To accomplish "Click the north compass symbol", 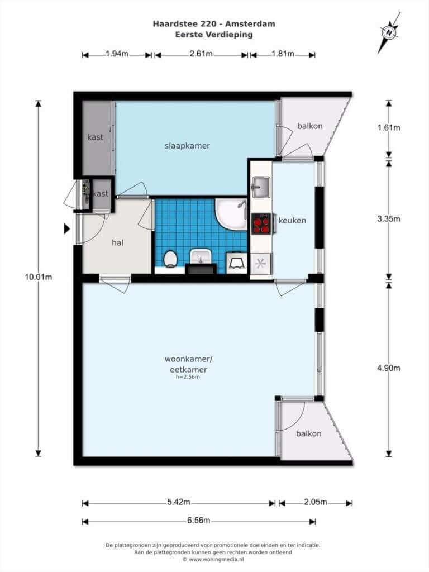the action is point(389,32).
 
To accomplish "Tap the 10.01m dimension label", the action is point(39,277).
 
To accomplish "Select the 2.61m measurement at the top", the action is point(201,54).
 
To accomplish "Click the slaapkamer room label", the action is point(187,146).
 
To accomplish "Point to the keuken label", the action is point(292,220).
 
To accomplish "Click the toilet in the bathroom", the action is point(170,259).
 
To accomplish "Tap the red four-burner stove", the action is point(261,223).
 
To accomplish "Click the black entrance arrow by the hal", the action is point(67,228).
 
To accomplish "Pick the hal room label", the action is point(117,242).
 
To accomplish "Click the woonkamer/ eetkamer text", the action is point(188,364).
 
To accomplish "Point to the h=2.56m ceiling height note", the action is point(188,377).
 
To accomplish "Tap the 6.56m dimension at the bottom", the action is point(198,520).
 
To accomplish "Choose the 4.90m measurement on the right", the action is point(389,368).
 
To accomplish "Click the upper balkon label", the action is point(309,126).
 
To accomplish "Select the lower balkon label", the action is point(308,433).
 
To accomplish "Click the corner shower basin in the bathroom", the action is point(232,214).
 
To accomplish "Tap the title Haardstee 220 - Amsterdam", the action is point(214,24).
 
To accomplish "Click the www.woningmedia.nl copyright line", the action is point(213,559).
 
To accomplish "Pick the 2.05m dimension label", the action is point(316,502).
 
